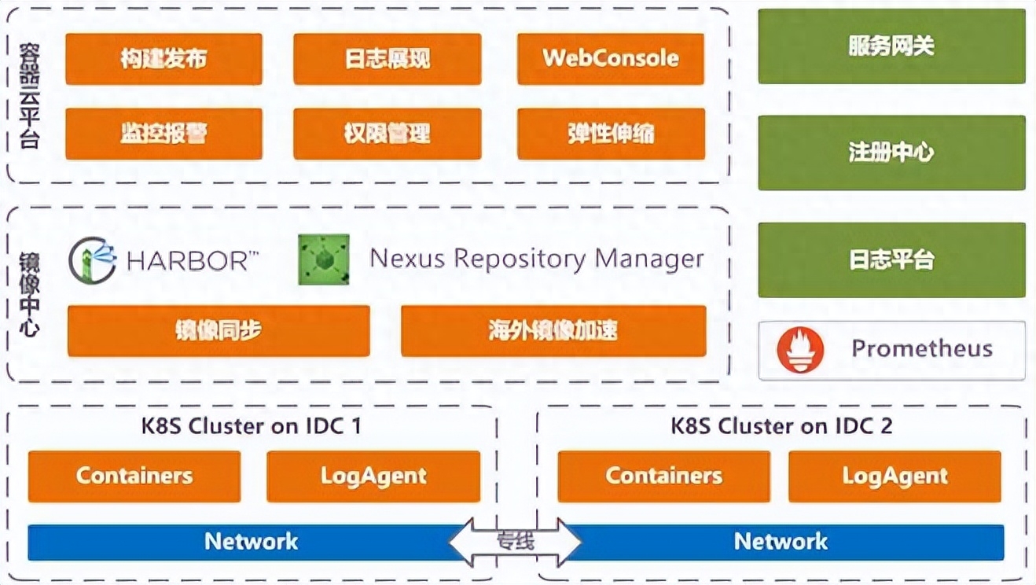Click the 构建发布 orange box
[163, 59]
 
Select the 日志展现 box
[387, 59]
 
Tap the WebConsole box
[611, 59]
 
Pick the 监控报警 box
[163, 134]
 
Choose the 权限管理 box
[387, 134]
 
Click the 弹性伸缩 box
[611, 134]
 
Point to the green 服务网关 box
[891, 46]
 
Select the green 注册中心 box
[891, 153]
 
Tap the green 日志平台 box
[891, 259]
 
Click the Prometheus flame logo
[801, 350]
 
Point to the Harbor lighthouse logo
[93, 260]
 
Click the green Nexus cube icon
[324, 259]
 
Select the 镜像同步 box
[219, 330]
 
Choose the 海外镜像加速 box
[553, 330]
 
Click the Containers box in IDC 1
[134, 476]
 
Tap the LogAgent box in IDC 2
[895, 476]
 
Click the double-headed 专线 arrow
[515, 542]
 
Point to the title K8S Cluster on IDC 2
[781, 426]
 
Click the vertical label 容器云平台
[30, 96]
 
